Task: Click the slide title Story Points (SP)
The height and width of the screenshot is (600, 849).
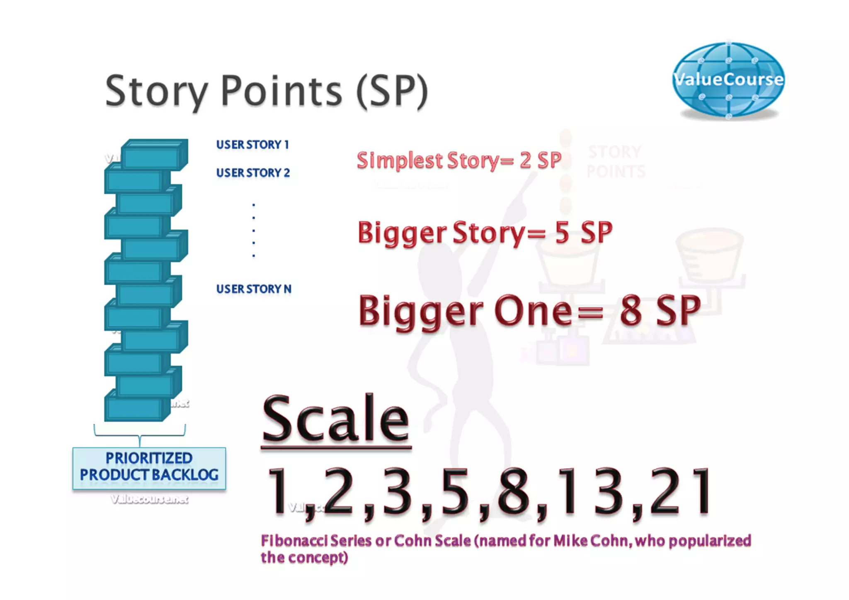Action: point(266,91)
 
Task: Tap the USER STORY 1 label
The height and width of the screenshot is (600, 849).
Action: point(252,145)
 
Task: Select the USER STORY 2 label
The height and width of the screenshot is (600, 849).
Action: point(253,173)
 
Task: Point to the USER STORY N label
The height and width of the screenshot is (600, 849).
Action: point(254,289)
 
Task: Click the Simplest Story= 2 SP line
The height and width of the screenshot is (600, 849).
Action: point(459,161)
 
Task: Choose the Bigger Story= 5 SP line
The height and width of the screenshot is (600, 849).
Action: point(485,233)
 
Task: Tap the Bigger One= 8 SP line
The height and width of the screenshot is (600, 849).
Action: point(529,311)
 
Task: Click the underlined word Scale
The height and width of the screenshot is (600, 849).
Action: point(336,418)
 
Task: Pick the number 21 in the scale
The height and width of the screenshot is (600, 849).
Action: point(680,492)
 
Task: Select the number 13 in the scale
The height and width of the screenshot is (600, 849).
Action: point(589,492)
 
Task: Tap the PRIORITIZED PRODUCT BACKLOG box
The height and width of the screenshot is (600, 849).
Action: point(149,467)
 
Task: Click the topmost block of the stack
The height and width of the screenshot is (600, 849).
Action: point(154,155)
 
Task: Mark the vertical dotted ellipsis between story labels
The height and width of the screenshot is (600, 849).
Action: point(254,231)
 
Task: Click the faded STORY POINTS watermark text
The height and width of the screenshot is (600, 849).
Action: point(616,162)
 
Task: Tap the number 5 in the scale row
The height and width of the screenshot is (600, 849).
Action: point(455,492)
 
